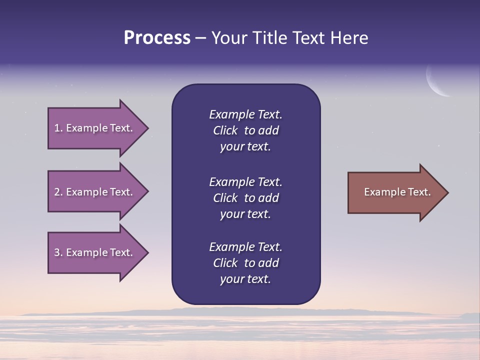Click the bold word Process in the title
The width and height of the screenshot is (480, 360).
pos(157,38)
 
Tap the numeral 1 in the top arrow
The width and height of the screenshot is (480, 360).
pos(57,128)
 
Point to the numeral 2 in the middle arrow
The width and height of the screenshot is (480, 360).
pos(57,192)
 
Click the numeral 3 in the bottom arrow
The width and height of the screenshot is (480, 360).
pos(57,252)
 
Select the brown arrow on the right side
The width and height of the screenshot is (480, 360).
pos(395,192)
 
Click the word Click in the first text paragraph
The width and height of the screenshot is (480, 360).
pos(225,131)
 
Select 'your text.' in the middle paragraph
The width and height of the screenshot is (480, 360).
pos(245,214)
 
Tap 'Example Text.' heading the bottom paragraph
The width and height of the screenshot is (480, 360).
pos(245,247)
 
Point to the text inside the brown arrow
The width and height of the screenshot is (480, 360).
pos(397,192)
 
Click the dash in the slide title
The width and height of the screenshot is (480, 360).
pos(200,38)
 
